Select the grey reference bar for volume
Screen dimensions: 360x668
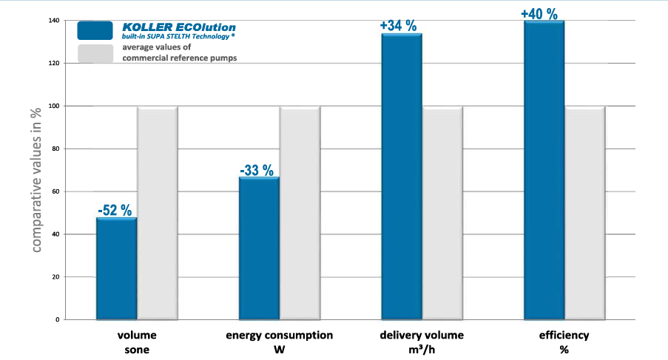click(158, 214)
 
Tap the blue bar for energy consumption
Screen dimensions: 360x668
click(260, 248)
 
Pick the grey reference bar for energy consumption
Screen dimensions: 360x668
click(300, 214)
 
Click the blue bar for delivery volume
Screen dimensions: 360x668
click(402, 177)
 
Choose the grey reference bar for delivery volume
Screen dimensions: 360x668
click(442, 214)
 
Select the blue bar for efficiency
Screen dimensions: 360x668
click(544, 171)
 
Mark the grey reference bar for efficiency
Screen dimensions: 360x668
click(585, 214)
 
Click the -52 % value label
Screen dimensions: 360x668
click(115, 210)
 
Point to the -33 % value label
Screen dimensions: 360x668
click(258, 171)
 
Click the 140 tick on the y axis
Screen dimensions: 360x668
click(54, 21)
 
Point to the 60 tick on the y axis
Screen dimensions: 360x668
click(56, 191)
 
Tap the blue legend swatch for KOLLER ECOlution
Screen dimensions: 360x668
click(95, 30)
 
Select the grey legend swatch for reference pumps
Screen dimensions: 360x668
click(95, 53)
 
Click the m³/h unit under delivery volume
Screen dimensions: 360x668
click(422, 349)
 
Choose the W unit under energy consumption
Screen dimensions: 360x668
click(279, 349)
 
